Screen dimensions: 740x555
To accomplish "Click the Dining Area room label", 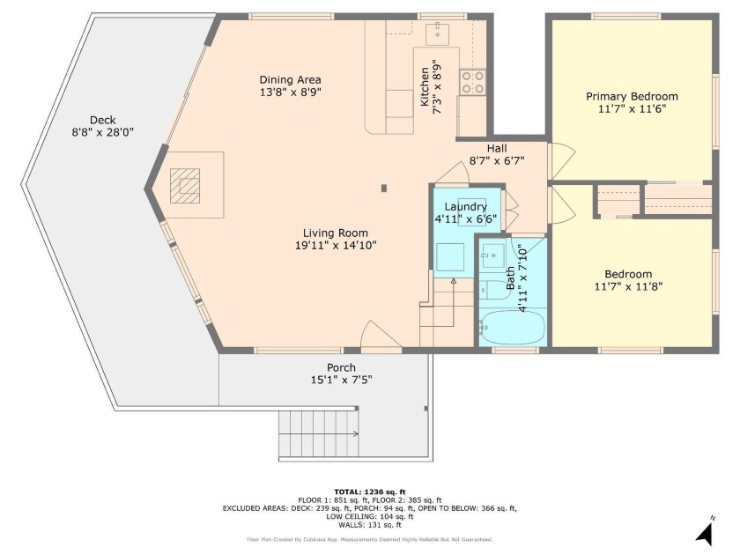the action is point(290,80).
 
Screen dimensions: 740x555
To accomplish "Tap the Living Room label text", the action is point(335,233).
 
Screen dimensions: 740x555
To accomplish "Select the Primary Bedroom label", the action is point(632,97).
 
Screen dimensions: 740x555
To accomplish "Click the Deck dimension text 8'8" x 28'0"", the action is point(103,133).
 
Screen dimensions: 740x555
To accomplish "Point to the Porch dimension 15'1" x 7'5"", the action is point(341,380).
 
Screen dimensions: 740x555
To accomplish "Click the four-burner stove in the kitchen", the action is point(472,82).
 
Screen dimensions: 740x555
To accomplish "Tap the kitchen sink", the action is point(438,33).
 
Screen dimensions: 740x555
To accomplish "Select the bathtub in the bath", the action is point(512,327).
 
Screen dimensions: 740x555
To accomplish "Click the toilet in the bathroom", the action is point(493,290).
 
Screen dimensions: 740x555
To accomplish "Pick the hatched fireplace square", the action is point(185,186).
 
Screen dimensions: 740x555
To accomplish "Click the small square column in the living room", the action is point(384,189).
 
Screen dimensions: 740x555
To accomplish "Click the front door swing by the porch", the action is point(381,336).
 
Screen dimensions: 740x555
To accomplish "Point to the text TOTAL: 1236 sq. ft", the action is point(369,492).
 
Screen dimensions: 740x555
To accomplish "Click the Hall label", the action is point(497,149).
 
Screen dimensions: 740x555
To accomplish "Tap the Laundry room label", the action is point(465,207).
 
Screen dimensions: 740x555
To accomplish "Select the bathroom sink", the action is point(492,255).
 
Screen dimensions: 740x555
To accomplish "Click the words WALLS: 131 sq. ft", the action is point(369,525).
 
